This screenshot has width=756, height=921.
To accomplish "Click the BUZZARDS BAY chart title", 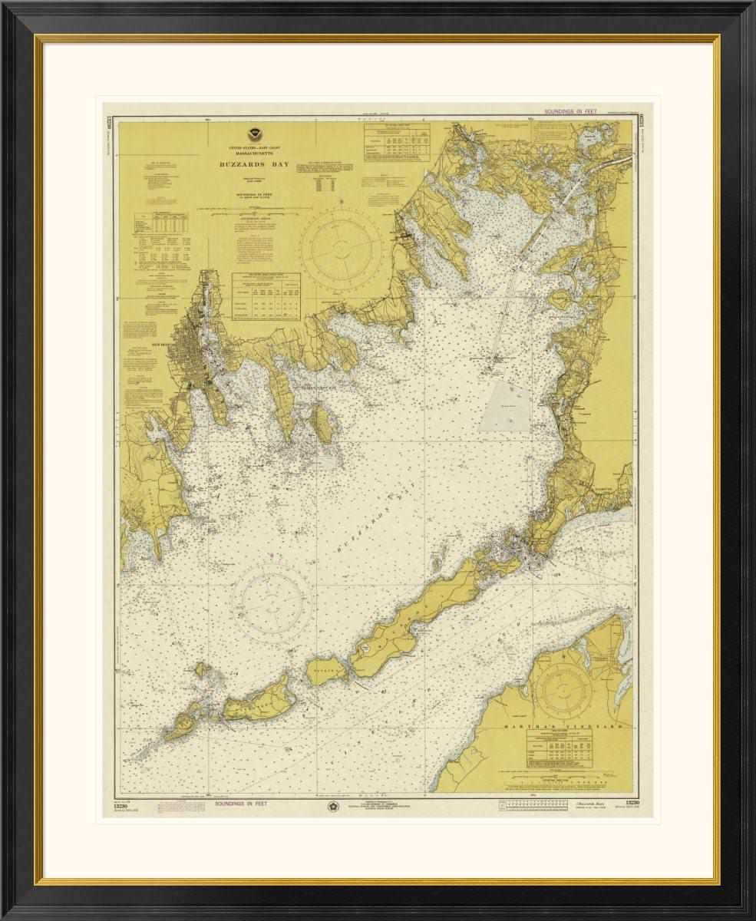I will [x=253, y=163].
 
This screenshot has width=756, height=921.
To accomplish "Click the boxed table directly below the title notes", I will [x=266, y=294].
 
